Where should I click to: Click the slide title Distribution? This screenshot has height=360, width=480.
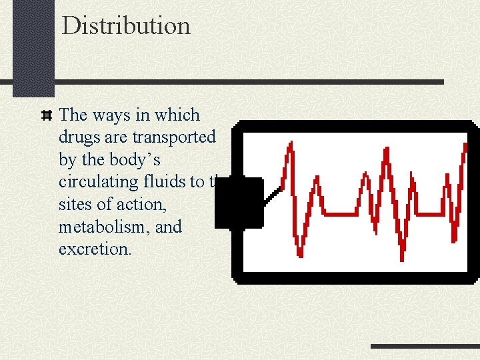(x=126, y=26)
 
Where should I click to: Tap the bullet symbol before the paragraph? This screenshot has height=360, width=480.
(x=47, y=115)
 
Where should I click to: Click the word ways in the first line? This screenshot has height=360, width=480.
(x=111, y=115)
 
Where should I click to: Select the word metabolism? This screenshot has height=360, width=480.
(x=104, y=227)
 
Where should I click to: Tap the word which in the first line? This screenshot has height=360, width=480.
(x=177, y=115)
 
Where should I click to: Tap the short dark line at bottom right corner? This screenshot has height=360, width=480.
(x=424, y=346)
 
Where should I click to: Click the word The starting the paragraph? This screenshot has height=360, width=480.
(x=73, y=115)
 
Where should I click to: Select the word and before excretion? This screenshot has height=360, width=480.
(x=168, y=227)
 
